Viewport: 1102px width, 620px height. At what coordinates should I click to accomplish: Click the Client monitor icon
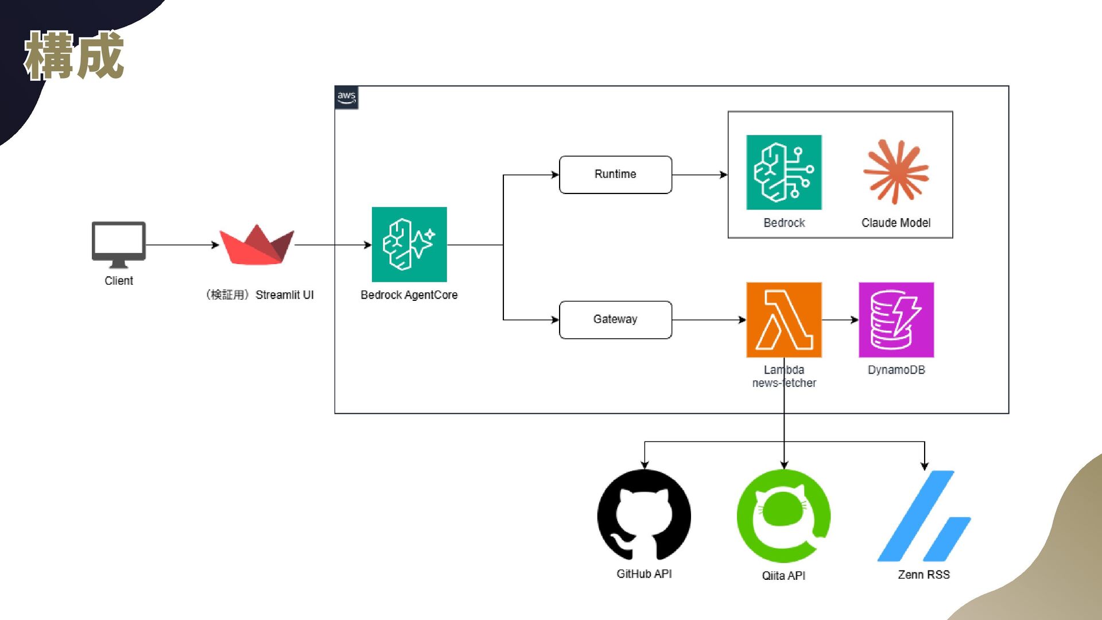[x=119, y=244]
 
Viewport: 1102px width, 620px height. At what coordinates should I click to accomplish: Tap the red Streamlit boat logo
[x=257, y=245]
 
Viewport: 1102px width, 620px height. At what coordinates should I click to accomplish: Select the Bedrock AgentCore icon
[x=409, y=245]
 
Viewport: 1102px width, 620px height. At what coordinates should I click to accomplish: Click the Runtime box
[x=615, y=175]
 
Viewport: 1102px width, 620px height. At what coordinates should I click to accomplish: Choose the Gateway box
[x=615, y=320]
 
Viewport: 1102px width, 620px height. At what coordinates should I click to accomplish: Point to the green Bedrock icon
[x=784, y=172]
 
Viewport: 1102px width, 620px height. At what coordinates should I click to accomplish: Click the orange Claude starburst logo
[x=896, y=172]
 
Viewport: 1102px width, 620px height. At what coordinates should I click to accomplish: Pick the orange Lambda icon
[x=784, y=320]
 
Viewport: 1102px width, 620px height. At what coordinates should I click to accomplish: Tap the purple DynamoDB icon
[x=896, y=320]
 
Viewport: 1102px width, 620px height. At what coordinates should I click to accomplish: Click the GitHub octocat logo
[x=644, y=515]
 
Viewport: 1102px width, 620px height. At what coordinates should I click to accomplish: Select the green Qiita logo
[x=783, y=516]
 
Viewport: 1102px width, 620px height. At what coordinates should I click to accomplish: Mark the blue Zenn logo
[x=924, y=516]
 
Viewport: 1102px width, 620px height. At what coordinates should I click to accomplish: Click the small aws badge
[x=347, y=98]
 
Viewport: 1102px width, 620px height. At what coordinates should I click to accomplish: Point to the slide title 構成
[x=74, y=55]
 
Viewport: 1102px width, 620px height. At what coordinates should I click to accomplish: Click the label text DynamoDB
[x=896, y=370]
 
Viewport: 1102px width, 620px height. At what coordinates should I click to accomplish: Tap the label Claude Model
[x=896, y=223]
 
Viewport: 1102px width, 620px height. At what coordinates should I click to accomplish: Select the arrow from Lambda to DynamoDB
[x=840, y=320]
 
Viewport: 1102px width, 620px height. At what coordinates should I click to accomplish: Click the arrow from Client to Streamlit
[x=183, y=245]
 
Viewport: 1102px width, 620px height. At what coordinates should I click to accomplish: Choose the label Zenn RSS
[x=923, y=575]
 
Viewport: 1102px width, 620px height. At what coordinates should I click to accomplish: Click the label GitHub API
[x=644, y=574]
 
